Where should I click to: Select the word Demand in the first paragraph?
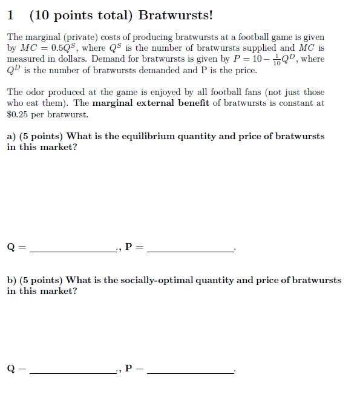107,59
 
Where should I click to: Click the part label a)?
11,136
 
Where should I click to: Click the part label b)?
11,280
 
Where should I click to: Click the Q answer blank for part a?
73,247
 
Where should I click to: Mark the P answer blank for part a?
190,247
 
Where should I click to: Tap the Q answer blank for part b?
73,368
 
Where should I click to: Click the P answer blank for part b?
190,368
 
